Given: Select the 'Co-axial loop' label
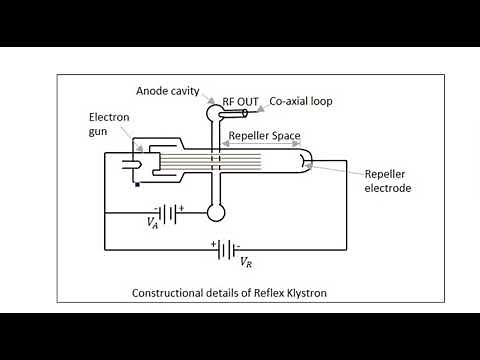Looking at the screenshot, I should coord(297,102).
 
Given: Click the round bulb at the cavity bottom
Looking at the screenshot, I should coord(215,211).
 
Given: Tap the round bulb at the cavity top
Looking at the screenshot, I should coord(215,113).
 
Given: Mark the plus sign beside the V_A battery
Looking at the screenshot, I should coord(181,207).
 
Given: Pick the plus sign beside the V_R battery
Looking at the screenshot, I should coord(214,242).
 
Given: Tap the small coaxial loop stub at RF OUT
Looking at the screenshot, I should coord(229,111).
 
